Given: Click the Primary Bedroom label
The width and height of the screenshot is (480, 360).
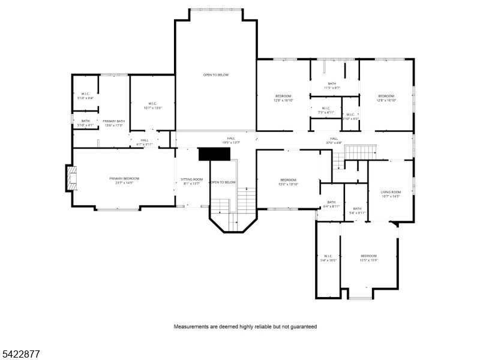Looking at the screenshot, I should [x=124, y=181].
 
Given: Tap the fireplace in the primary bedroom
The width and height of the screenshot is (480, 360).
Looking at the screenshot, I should [x=72, y=179].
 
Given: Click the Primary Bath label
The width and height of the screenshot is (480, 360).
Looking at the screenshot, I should [x=113, y=123].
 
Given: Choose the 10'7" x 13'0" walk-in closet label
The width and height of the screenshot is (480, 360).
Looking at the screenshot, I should [x=152, y=105].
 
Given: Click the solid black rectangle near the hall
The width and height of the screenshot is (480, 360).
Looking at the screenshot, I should [x=214, y=154].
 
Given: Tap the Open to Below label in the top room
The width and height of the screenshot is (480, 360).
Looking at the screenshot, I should [x=215, y=75].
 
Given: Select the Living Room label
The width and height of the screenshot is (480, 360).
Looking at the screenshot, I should [x=390, y=194].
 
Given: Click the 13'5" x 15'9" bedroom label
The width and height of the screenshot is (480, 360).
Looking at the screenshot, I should [x=368, y=258].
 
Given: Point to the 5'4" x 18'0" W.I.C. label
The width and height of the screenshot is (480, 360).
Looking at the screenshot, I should [x=328, y=258].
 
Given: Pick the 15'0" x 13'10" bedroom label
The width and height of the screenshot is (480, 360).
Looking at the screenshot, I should [x=289, y=182].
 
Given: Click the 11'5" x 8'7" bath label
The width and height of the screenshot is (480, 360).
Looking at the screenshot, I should [x=332, y=86].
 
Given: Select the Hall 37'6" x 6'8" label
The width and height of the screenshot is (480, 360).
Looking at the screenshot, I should [x=334, y=140].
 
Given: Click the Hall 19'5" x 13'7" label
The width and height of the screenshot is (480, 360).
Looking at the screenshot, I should [x=231, y=140].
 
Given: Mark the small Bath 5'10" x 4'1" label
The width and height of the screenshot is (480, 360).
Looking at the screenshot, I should [x=85, y=123].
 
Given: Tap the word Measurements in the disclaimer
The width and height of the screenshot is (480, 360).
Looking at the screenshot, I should [x=190, y=327].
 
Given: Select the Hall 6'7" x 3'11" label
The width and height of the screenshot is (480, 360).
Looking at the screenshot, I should [x=145, y=142].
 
